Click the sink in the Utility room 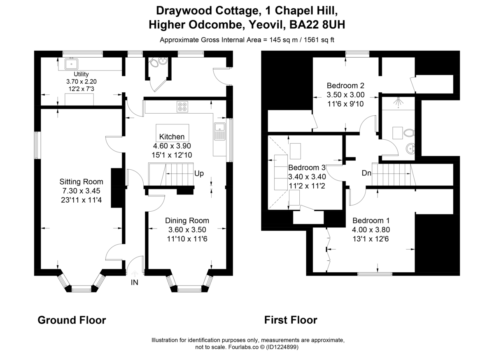pyautogui.click(x=72, y=64)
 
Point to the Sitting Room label pyautogui.click(x=81, y=182)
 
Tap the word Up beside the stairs pyautogui.click(x=199, y=173)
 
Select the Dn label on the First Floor pyautogui.click(x=367, y=173)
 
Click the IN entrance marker pyautogui.click(x=134, y=282)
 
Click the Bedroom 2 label pyautogui.click(x=345, y=86)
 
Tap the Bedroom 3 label pyautogui.click(x=307, y=168)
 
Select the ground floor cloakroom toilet pyautogui.click(x=154, y=63)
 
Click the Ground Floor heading pyautogui.click(x=72, y=320)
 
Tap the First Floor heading pyautogui.click(x=291, y=320)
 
